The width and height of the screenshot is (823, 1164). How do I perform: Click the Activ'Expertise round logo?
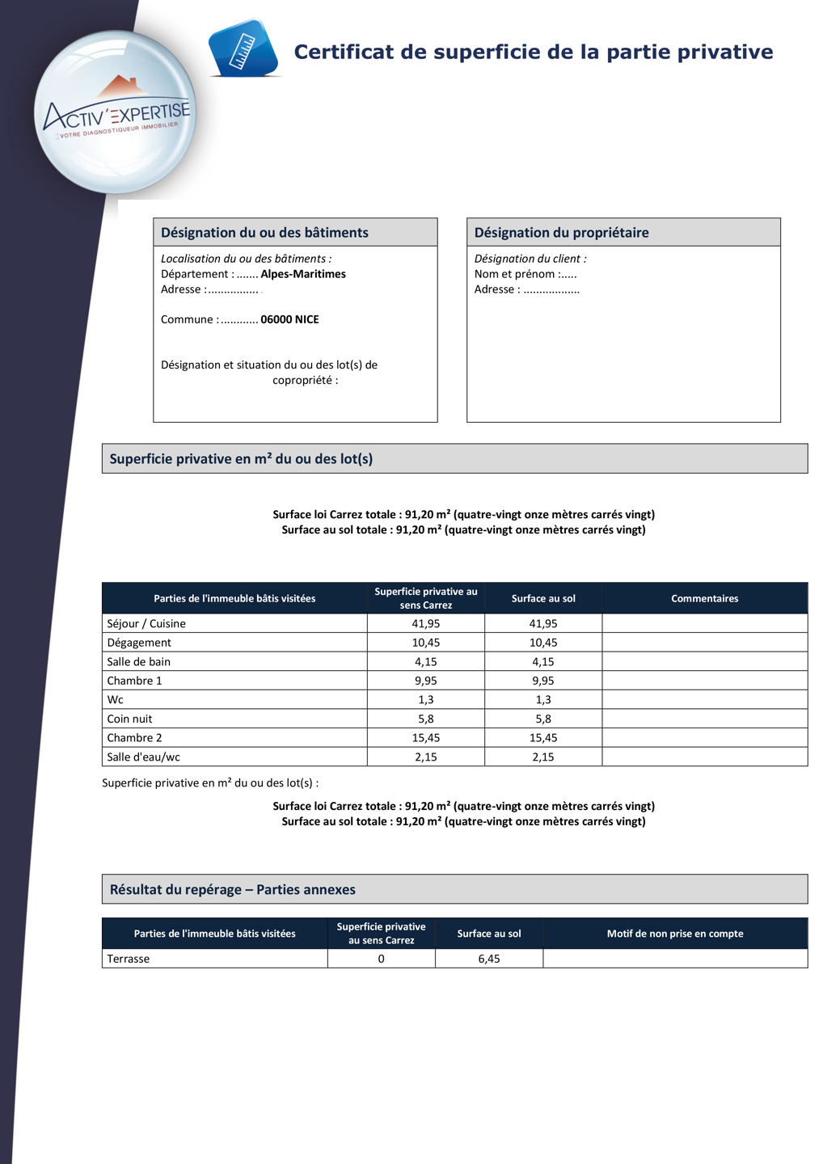116,113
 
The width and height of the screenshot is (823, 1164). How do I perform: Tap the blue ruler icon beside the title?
243,49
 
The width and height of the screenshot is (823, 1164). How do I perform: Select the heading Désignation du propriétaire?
561,233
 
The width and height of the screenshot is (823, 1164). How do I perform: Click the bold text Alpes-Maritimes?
303,274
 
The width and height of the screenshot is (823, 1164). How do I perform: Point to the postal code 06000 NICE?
289,319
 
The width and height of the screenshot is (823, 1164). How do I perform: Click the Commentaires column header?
704,599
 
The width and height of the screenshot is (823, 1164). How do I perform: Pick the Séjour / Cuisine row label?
146,624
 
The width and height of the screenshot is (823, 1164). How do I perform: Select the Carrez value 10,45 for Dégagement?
426,643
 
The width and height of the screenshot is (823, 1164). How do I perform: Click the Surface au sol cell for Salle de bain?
543,662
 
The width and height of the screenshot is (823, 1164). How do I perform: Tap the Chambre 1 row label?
134,681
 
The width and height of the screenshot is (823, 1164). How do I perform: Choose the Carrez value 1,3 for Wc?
426,700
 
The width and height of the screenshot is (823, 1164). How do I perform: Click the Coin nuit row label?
129,719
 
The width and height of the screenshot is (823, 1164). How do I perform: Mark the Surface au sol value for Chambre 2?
543,738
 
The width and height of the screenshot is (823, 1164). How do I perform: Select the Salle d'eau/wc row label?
143,757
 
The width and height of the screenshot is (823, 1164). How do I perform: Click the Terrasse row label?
129,959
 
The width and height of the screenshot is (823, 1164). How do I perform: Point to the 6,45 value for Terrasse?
489,959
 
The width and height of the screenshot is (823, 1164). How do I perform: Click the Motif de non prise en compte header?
675,934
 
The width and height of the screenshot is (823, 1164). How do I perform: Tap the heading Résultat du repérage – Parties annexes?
232,889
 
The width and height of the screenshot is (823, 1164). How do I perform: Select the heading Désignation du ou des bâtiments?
264,233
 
